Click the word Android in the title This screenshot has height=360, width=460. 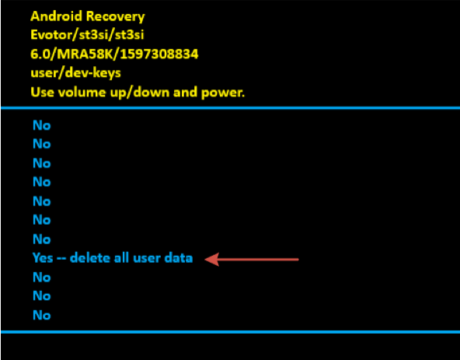point(56,16)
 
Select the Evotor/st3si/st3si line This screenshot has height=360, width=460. point(87,35)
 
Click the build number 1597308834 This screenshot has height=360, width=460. point(159,54)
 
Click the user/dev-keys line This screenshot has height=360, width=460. point(75,73)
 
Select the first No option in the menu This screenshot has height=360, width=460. point(42,125)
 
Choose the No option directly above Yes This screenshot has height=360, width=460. point(42,239)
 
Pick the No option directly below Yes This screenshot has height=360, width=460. point(42,278)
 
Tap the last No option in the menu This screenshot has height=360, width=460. point(42,315)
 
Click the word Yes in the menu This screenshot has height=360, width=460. point(43,258)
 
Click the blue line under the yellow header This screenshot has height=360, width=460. point(230,108)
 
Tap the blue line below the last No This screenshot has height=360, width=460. point(230,332)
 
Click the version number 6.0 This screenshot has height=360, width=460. point(40,54)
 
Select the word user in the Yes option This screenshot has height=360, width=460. point(146,258)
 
